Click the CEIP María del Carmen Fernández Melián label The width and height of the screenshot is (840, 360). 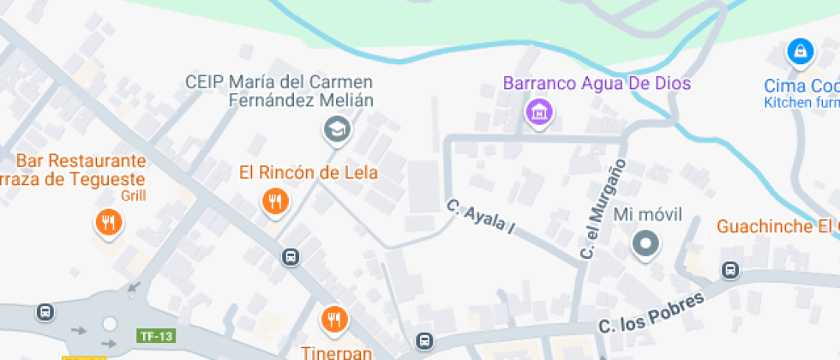pyautogui.click(x=280, y=91)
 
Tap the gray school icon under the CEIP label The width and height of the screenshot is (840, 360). pyautogui.click(x=336, y=130)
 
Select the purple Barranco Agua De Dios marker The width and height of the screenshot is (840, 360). pyautogui.click(x=539, y=111)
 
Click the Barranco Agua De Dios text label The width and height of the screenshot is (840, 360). pyautogui.click(x=597, y=84)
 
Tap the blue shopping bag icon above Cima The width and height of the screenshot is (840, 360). pyautogui.click(x=800, y=52)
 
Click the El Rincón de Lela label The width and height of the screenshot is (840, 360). pyautogui.click(x=308, y=173)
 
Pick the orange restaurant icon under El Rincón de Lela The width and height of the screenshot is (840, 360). pyautogui.click(x=274, y=202)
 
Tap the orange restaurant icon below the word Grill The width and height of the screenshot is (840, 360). pyautogui.click(x=108, y=223)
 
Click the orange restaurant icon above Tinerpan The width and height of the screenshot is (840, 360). pyautogui.click(x=333, y=320)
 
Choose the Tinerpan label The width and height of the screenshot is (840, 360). pyautogui.click(x=335, y=351)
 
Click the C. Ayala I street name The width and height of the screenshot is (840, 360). pyautogui.click(x=479, y=217)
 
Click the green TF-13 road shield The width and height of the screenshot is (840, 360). pyautogui.click(x=155, y=336)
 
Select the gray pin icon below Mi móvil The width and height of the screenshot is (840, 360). pyautogui.click(x=645, y=244)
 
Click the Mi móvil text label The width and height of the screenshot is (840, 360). pyautogui.click(x=648, y=214)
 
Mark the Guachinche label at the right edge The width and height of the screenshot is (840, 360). pyautogui.click(x=777, y=226)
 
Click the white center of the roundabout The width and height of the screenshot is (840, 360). pyautogui.click(x=110, y=324)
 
